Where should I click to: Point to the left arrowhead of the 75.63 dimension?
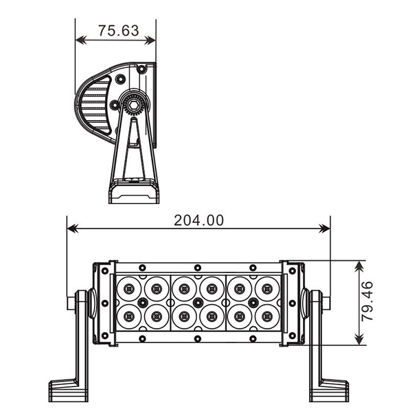click(80, 40)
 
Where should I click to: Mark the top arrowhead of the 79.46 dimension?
click(358, 265)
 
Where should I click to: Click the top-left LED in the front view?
click(128, 288)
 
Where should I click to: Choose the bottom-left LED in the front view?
click(128, 316)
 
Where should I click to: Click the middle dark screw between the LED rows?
click(198, 303)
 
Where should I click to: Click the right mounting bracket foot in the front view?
click(329, 390)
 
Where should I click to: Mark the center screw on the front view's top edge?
click(198, 267)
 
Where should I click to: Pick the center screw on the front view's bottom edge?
click(198, 338)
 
